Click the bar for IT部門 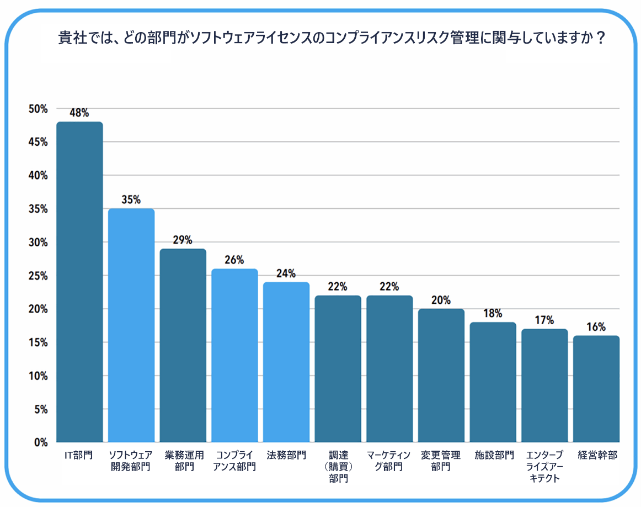tap(79, 282)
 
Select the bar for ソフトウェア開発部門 tap(131, 325)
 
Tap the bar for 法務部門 tap(286, 362)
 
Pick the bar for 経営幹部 tap(596, 389)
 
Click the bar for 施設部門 tap(493, 382)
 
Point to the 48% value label tap(79, 113)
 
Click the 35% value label tap(131, 200)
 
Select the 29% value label tap(183, 240)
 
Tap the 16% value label tap(596, 327)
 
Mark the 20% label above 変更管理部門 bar tap(441, 300)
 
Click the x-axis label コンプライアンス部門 tap(234, 461)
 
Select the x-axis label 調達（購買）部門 tap(338, 467)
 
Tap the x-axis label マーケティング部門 tap(389, 461)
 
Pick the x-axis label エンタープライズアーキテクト tap(544, 467)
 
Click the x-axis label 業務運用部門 tap(183, 461)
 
